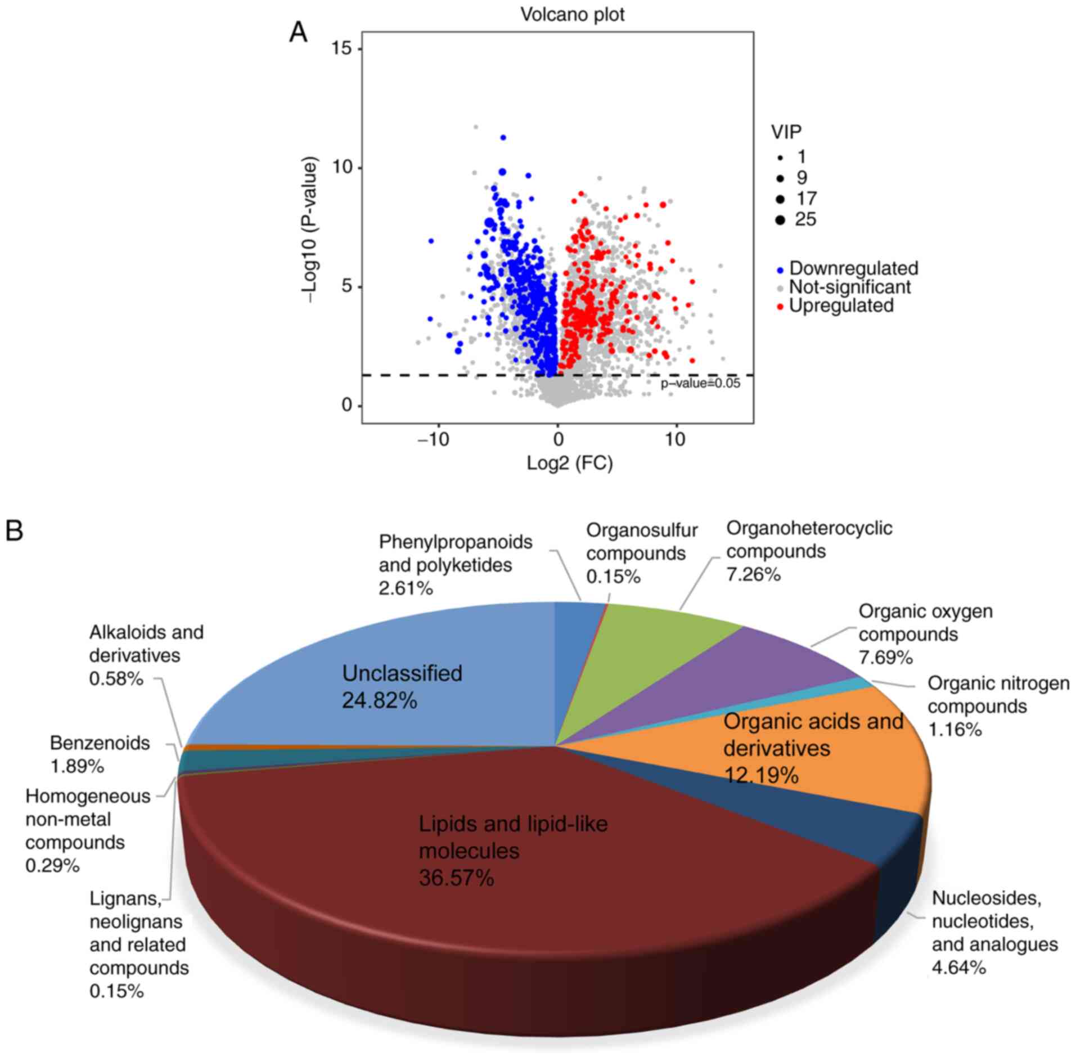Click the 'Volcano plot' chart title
(x=572, y=15)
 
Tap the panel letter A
(x=298, y=33)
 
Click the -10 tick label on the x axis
(x=434, y=439)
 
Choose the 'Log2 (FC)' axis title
(x=569, y=463)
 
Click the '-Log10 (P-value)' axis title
(x=310, y=230)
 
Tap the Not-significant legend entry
(x=849, y=287)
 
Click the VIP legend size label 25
(x=805, y=219)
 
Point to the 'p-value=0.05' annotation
(x=700, y=384)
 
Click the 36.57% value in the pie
(x=456, y=878)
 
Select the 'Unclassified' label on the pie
(x=402, y=673)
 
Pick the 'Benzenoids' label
(x=100, y=743)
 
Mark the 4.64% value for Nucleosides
(x=958, y=968)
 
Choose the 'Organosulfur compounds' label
(x=641, y=542)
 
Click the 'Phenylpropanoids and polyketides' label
(x=455, y=553)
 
